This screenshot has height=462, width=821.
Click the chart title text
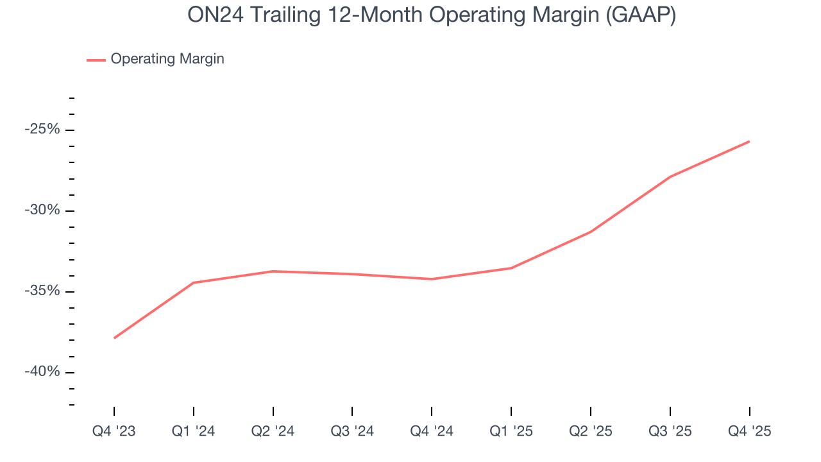click(432, 15)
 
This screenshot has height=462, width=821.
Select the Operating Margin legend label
click(167, 59)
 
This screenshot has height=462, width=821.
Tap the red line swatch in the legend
click(96, 60)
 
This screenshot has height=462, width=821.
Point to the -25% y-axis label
click(42, 130)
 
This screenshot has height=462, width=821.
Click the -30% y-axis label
click(42, 210)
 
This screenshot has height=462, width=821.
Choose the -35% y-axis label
click(42, 291)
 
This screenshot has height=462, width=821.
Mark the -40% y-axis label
click(42, 372)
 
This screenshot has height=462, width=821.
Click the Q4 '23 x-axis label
click(114, 431)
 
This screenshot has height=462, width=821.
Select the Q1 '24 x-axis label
click(193, 431)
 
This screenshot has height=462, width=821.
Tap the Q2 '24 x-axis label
click(273, 431)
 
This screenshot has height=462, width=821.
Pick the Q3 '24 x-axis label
click(352, 431)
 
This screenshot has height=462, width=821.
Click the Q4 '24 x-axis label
click(432, 431)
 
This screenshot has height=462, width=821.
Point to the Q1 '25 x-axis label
click(511, 431)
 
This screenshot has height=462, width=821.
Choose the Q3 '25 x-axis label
click(670, 431)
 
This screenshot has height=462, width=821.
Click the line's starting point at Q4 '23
click(114, 338)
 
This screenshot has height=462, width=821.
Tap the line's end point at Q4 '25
click(749, 141)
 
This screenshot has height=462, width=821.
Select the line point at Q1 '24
click(193, 282)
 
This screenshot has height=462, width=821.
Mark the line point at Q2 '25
click(591, 232)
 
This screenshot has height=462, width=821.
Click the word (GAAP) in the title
click(642, 15)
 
